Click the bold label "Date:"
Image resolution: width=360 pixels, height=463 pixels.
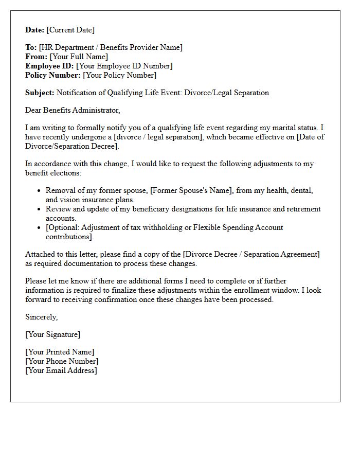35,30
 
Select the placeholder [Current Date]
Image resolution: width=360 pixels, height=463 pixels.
70,30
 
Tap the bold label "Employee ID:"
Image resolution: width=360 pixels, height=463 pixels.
49,66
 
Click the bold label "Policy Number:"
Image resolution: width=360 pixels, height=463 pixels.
53,75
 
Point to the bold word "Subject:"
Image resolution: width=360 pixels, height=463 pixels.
40,93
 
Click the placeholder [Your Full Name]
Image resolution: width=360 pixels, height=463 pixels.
79,57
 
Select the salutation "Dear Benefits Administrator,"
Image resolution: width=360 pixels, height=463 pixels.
73,110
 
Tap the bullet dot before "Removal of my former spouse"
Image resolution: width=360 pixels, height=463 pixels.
39,191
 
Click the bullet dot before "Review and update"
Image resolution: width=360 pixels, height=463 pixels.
39,209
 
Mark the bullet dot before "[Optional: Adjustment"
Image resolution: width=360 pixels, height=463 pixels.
39,228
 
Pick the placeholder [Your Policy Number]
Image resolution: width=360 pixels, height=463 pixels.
119,75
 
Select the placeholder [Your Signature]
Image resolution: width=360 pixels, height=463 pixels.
53,334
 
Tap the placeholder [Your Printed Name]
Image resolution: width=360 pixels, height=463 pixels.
60,352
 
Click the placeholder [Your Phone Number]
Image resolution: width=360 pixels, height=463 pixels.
62,361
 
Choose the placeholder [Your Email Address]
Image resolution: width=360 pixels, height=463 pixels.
61,370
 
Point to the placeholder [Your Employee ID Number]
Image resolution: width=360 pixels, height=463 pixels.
124,66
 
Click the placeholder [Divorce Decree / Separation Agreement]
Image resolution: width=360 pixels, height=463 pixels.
252,254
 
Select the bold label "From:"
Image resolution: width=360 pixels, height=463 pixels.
37,57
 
